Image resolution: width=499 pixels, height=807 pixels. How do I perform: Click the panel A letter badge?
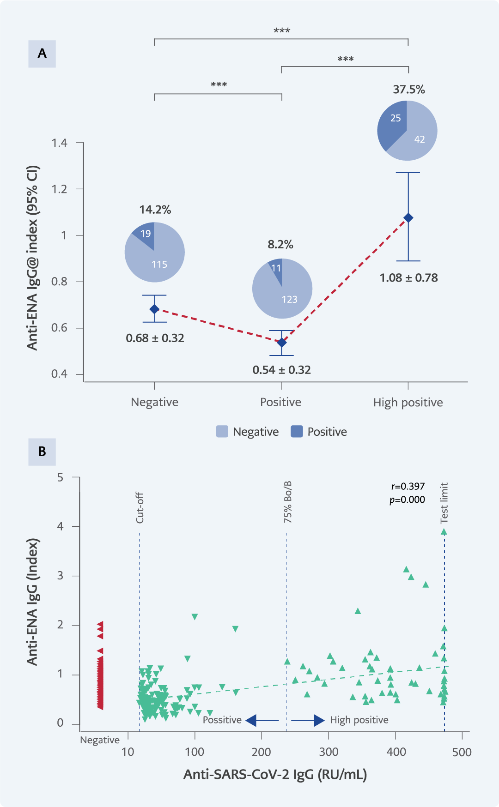42,54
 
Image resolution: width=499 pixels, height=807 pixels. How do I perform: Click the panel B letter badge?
42,452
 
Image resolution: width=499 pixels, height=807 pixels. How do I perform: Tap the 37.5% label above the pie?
409,90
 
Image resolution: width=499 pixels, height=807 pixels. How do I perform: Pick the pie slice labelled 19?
145,235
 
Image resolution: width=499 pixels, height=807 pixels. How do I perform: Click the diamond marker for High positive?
408,218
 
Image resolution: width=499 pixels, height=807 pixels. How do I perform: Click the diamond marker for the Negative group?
154,309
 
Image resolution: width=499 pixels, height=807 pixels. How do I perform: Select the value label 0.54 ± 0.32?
281,370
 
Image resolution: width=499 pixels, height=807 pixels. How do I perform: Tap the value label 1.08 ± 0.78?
408,278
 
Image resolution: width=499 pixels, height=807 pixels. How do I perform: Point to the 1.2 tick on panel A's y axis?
60,189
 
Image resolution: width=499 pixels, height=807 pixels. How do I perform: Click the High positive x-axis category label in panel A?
408,403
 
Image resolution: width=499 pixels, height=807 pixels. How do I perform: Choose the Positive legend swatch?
297,432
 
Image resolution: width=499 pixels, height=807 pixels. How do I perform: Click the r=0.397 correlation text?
408,487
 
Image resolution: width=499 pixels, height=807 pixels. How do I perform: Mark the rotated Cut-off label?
140,508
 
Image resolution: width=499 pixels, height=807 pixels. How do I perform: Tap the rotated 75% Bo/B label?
288,502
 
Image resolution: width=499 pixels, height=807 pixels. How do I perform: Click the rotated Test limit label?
444,503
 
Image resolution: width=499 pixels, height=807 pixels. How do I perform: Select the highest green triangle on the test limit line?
444,532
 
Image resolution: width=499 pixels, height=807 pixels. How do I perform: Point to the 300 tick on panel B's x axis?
329,752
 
